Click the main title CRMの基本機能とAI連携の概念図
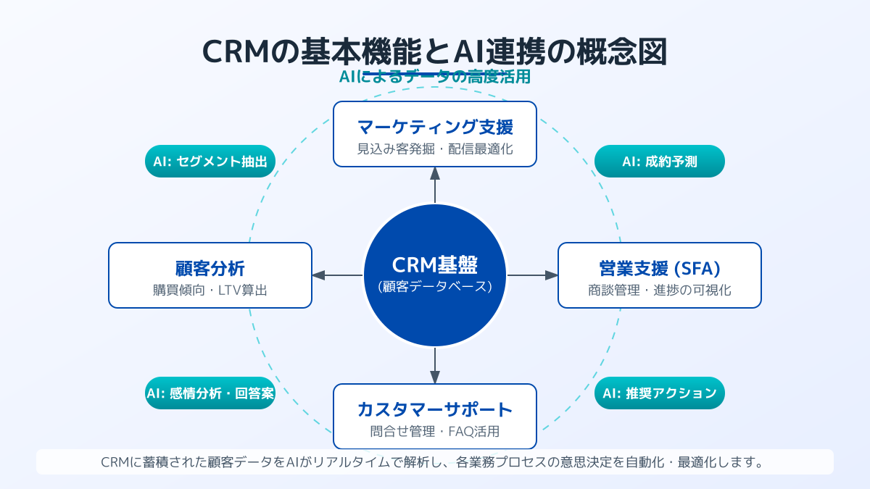click(x=435, y=53)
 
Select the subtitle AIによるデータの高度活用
click(x=435, y=77)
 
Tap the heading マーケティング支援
click(x=435, y=128)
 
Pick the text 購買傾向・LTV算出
click(x=210, y=291)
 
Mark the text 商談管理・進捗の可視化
click(x=659, y=291)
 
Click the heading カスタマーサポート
click(x=435, y=410)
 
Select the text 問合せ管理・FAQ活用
click(x=435, y=432)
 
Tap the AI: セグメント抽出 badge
click(x=210, y=162)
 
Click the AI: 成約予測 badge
click(x=659, y=162)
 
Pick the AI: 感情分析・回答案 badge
click(x=210, y=393)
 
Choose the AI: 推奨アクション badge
click(x=659, y=393)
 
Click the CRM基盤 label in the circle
click(x=435, y=265)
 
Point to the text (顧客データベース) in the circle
click(x=435, y=286)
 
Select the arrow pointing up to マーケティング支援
click(x=435, y=184)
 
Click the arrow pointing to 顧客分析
click(x=337, y=275)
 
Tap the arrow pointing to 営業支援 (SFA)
click(x=533, y=275)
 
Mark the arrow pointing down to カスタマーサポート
click(x=435, y=366)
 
